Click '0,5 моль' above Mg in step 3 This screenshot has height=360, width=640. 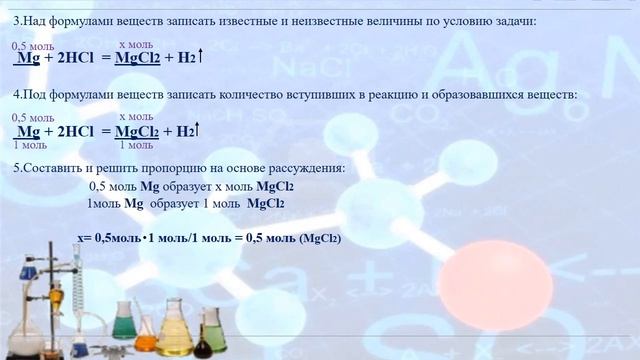tap(33, 46)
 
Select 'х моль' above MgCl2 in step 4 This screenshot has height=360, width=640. tap(135, 118)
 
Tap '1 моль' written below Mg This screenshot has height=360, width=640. tap(29, 145)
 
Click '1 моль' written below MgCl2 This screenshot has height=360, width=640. tap(136, 145)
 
